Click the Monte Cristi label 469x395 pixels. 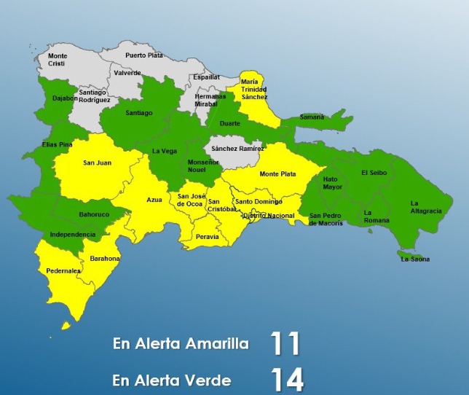[57, 60]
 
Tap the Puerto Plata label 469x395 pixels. [143, 55]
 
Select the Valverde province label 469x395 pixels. [127, 73]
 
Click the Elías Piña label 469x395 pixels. [58, 144]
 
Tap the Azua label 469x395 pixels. [154, 199]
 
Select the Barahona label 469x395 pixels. [105, 259]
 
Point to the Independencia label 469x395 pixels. [73, 235]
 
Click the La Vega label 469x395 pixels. [164, 151]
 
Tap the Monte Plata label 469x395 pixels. [277, 174]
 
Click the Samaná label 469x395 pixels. [312, 117]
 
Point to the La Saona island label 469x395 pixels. [414, 259]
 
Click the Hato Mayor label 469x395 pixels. [332, 182]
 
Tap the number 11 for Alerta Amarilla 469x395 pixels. [285, 343]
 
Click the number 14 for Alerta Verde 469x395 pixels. [286, 380]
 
